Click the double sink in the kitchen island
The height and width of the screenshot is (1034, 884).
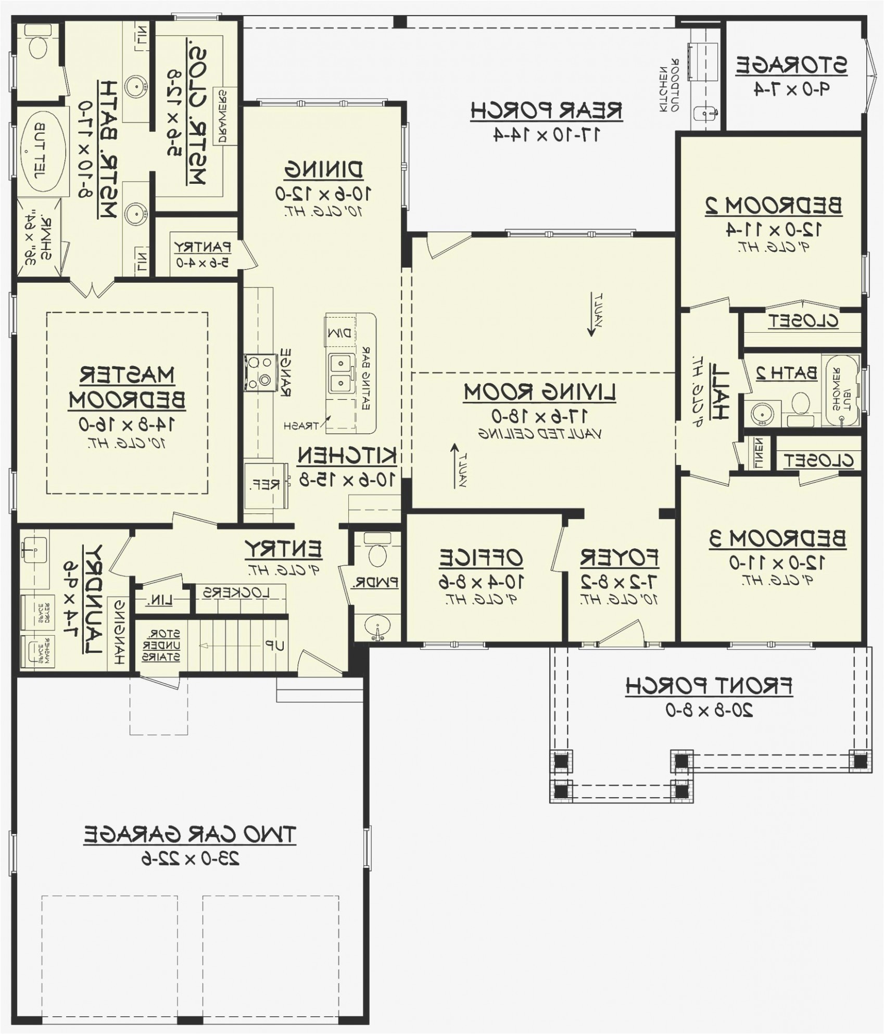[340, 373]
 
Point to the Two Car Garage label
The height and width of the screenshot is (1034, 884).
[190, 834]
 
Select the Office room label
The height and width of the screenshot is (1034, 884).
[481, 558]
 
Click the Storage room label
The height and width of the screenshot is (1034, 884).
[791, 66]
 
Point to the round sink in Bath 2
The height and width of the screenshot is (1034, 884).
[762, 413]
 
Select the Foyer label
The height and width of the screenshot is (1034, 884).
[620, 558]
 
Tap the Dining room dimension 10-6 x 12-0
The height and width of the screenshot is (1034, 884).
[323, 194]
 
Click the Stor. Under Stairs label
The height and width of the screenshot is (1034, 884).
[162, 645]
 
